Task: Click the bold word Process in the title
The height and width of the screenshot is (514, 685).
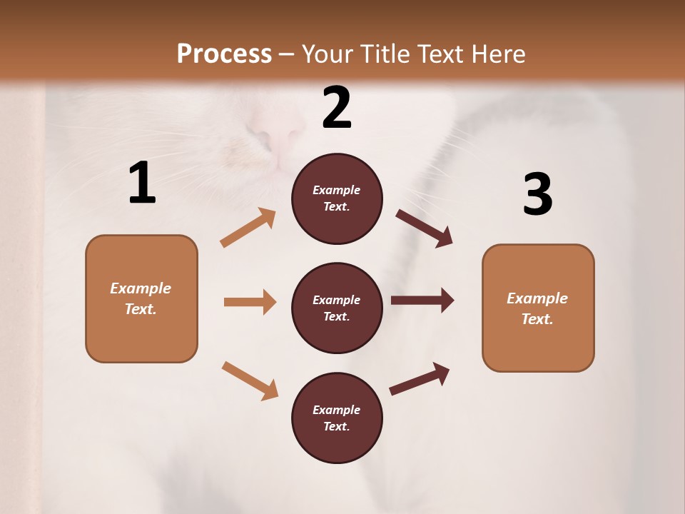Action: point(224,54)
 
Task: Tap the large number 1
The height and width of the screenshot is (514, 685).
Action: point(142,183)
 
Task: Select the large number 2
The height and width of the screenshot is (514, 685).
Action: point(337,109)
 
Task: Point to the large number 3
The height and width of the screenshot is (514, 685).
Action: point(537,195)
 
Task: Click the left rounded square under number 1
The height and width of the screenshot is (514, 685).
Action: point(141,298)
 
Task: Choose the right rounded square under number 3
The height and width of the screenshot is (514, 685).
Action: point(538,308)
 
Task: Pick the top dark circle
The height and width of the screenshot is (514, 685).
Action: point(337,198)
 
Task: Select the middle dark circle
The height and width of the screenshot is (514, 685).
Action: point(337,308)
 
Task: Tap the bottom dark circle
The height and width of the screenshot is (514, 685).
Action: point(337,418)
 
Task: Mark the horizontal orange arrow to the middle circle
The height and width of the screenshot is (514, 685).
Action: point(250,302)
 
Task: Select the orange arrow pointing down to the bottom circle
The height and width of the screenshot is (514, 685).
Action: point(250,381)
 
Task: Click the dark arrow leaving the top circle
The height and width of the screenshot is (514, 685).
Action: point(425,228)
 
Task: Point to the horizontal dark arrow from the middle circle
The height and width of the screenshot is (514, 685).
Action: point(422,301)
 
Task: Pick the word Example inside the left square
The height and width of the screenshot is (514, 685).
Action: point(141,288)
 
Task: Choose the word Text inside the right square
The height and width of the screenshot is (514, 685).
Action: point(537,319)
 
